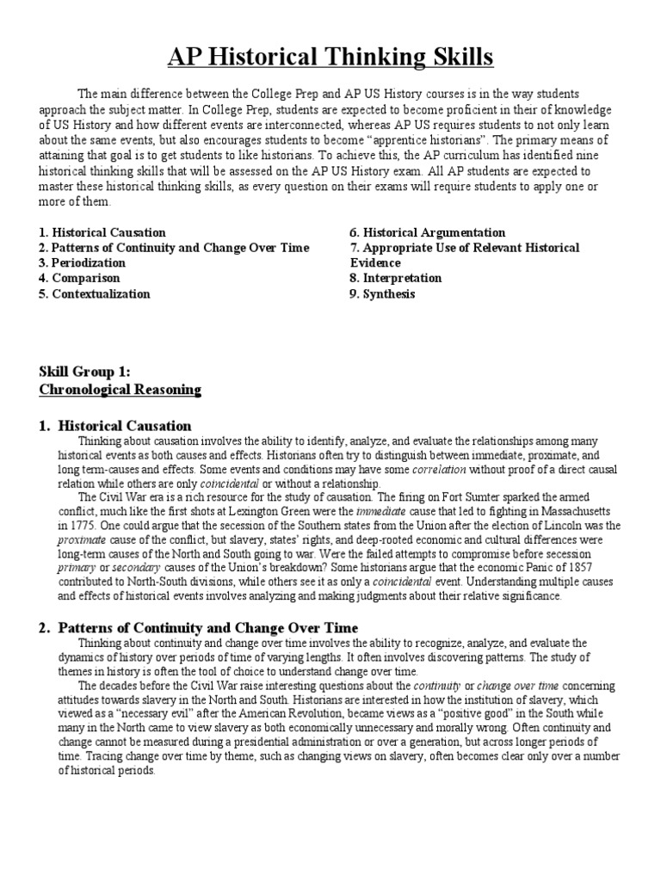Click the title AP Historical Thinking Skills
point(330,58)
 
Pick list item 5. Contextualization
point(95,293)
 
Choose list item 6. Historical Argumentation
point(427,232)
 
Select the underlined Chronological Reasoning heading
point(120,390)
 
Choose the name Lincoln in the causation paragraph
point(559,524)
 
